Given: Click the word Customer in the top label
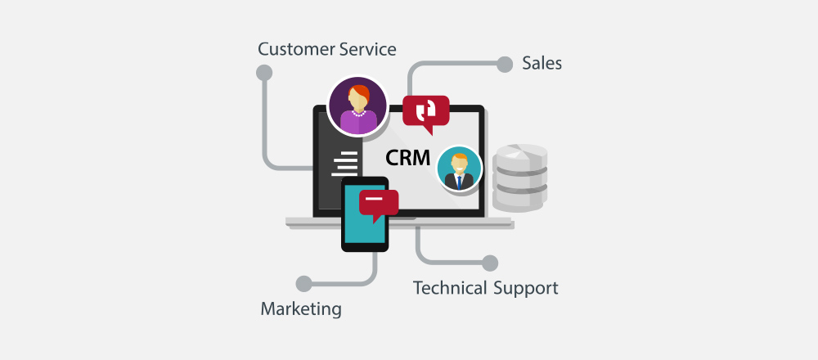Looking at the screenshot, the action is click(x=297, y=50).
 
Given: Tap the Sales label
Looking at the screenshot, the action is click(x=542, y=64).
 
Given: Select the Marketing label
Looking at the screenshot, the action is click(x=301, y=309).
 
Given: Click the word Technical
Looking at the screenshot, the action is click(x=450, y=287).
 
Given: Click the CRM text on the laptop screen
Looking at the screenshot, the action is click(x=408, y=158).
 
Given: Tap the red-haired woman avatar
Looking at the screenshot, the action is click(x=357, y=106).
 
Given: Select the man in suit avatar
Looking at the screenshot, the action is click(x=459, y=169).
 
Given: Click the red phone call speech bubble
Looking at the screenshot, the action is click(x=425, y=113).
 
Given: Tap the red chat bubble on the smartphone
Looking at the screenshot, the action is click(x=379, y=205).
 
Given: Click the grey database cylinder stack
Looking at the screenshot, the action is click(x=520, y=178).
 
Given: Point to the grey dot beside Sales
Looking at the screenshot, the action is click(x=505, y=64).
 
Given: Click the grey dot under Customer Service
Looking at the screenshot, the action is click(x=264, y=73).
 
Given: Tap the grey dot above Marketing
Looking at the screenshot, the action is click(x=303, y=284).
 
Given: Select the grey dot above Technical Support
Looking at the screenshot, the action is click(x=490, y=263).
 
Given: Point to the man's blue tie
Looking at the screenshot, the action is click(x=459, y=182).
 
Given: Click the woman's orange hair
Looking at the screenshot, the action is click(x=359, y=93).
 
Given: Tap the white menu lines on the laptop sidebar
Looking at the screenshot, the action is click(x=345, y=164).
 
